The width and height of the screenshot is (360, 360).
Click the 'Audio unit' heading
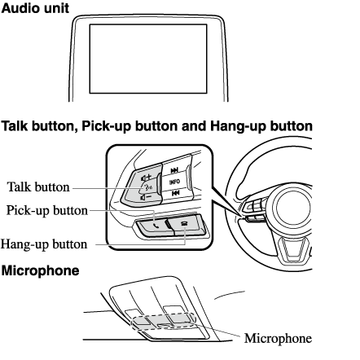[35, 8]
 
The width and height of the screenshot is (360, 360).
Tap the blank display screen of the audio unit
[148, 59]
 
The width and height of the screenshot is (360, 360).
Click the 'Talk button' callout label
[38, 187]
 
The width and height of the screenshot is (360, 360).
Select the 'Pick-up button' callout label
[47, 211]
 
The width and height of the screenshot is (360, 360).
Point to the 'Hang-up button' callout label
[44, 244]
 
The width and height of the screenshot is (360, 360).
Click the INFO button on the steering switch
[174, 182]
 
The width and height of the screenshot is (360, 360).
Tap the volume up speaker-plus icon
[146, 178]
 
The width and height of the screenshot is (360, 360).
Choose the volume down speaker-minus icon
[146, 197]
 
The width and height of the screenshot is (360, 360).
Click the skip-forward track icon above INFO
[174, 170]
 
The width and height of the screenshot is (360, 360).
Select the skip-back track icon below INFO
[176, 193]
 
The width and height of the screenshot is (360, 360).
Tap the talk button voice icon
[148, 187]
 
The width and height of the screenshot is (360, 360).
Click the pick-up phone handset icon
[156, 225]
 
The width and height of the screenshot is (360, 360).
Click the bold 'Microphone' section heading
[40, 270]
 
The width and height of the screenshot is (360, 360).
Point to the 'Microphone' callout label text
[278, 338]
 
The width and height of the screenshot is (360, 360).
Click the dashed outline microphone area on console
[164, 321]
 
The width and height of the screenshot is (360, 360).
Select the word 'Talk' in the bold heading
[15, 126]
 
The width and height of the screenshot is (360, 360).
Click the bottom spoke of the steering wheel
[292, 251]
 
